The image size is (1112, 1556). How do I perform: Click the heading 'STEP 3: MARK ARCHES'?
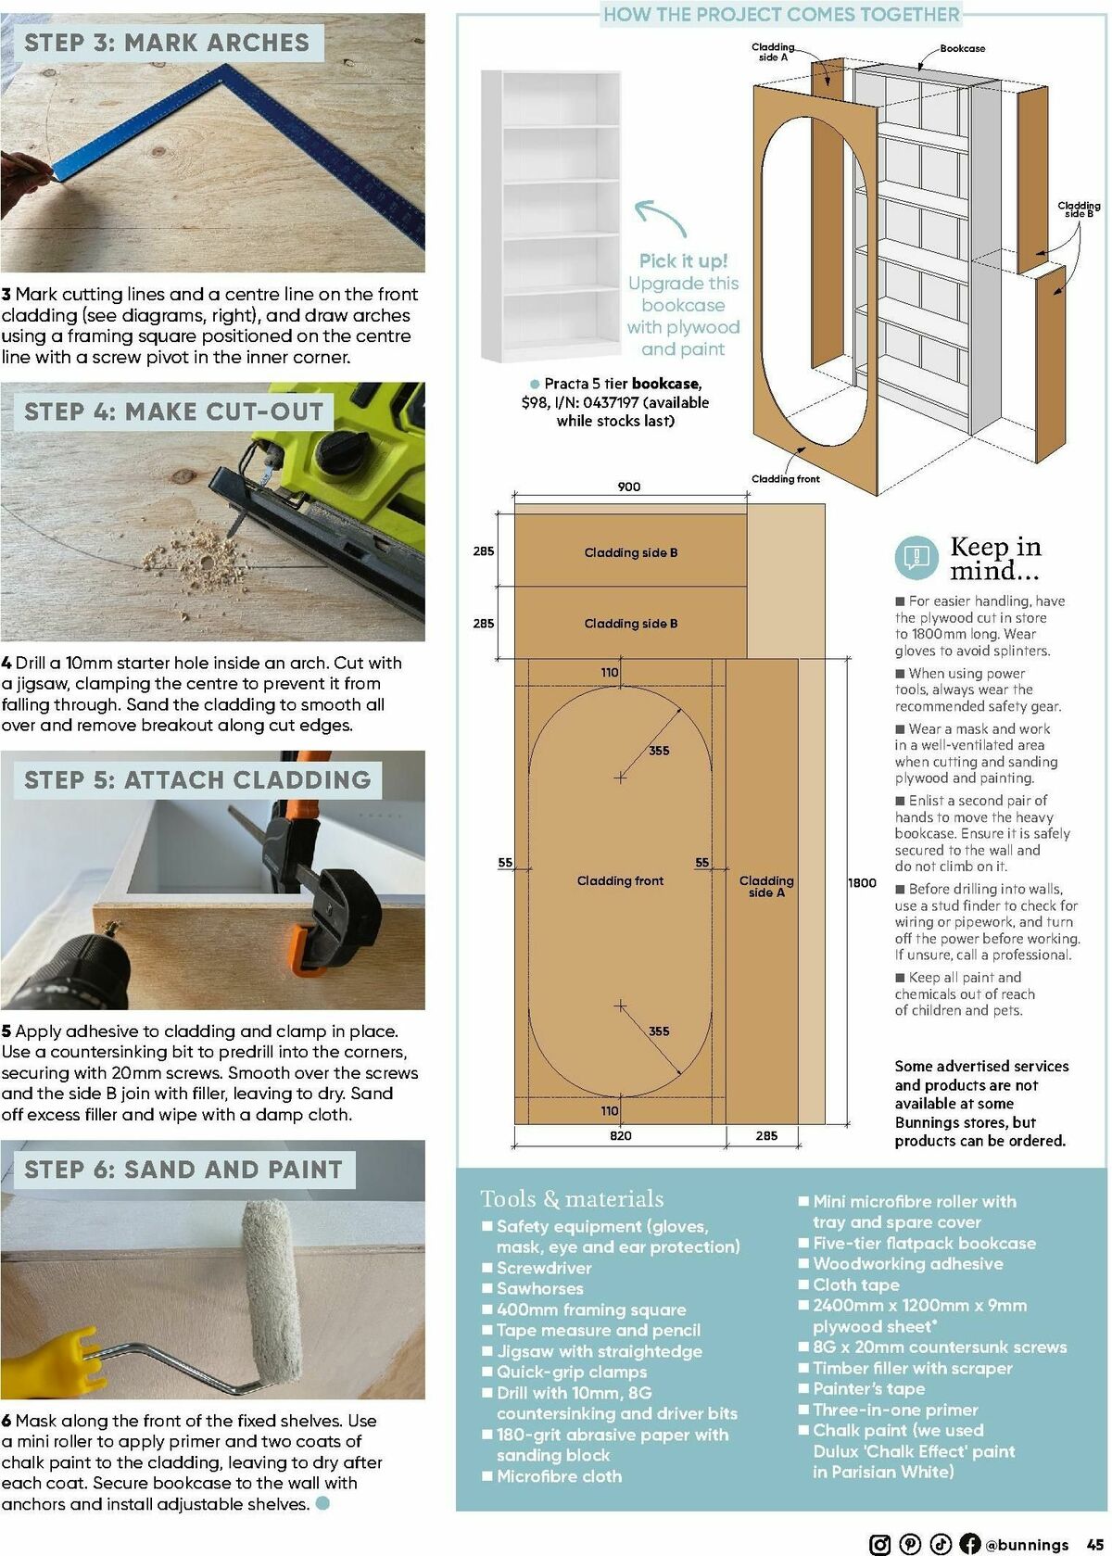167,43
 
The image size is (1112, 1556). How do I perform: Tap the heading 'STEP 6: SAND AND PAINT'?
183,1170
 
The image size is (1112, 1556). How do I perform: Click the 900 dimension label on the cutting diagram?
628,487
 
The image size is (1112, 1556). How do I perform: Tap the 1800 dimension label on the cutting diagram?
862,883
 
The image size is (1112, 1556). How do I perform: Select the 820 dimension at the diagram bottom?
620,1135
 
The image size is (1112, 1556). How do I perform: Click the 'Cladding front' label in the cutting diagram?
620,880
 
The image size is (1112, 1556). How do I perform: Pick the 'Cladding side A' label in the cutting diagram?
766,886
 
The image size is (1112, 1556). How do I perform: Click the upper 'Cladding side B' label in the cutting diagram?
630,552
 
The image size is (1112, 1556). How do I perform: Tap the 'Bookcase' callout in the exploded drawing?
962,48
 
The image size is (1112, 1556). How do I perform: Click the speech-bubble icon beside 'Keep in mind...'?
916,557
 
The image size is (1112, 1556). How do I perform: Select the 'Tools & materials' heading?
572,1199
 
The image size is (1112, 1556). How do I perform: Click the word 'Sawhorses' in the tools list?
539,1288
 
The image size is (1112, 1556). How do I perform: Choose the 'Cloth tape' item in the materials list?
855,1284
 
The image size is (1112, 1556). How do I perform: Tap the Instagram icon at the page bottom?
880,1544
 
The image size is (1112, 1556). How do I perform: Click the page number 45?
1093,1544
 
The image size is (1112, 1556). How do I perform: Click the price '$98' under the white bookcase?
535,402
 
